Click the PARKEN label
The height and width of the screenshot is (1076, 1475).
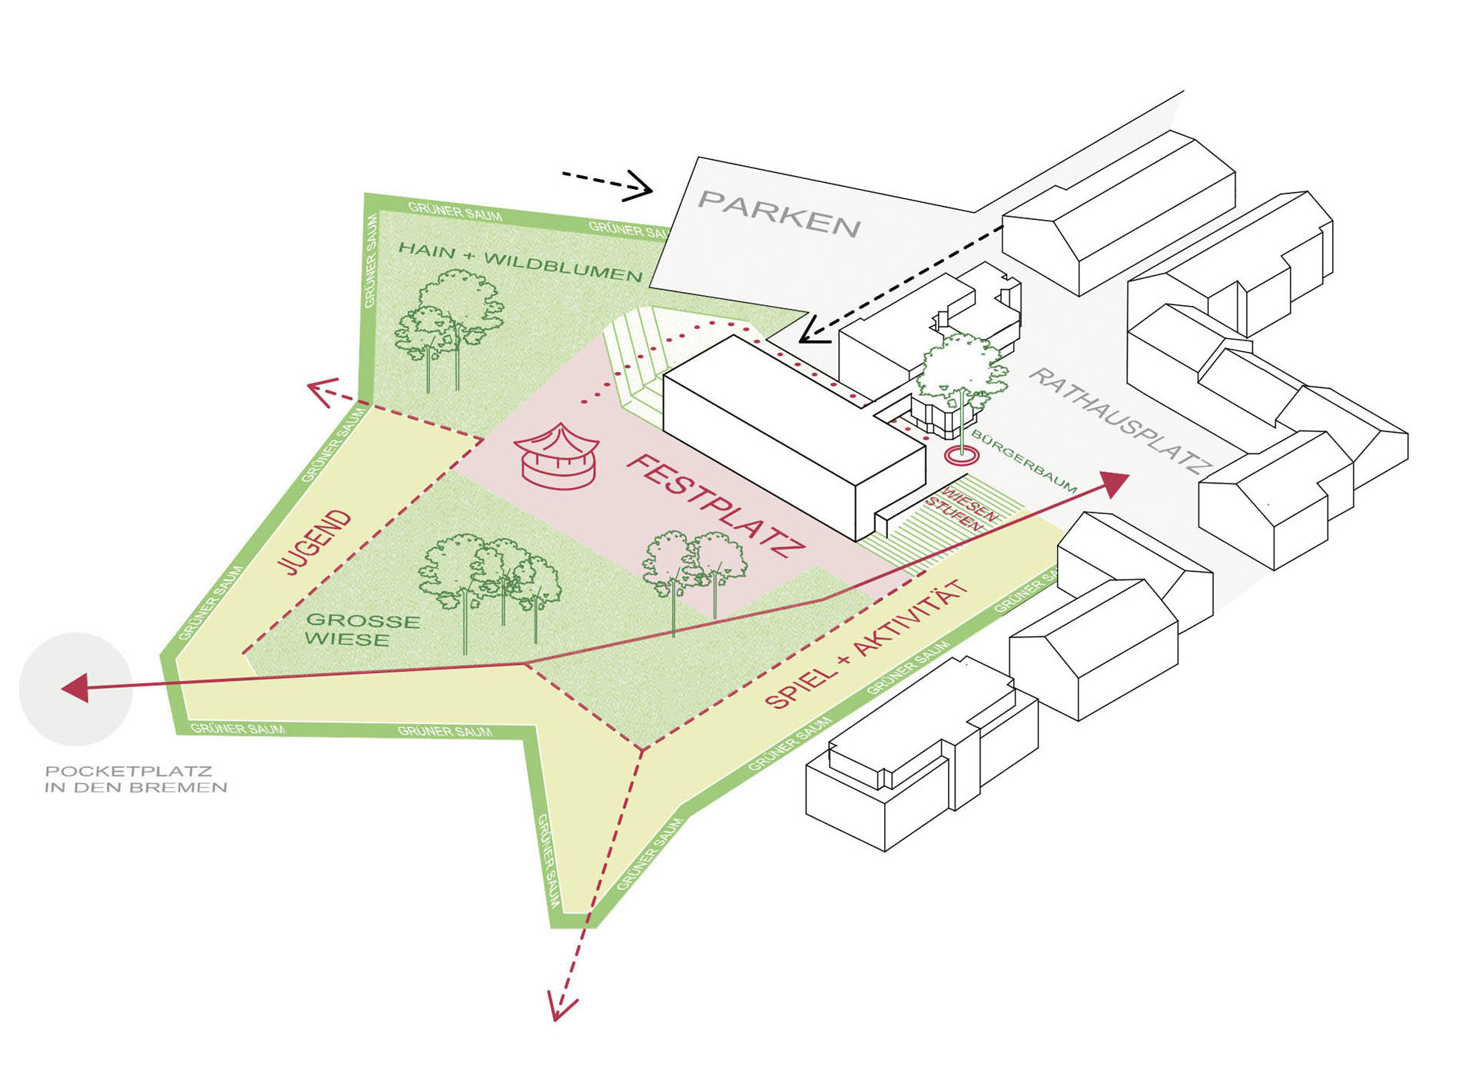[x=779, y=214]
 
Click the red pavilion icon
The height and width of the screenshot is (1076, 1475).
[x=557, y=457]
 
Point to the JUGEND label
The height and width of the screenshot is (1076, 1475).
[x=313, y=542]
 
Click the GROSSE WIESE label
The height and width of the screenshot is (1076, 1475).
[x=363, y=630]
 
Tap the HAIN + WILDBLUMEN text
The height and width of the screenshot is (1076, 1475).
[x=520, y=261]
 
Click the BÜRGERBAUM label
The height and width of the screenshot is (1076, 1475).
[x=1025, y=462]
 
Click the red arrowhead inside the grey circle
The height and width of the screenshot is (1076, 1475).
[x=75, y=688]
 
